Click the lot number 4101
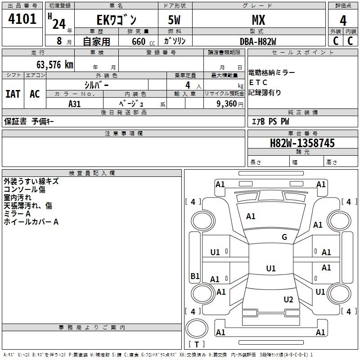[x=22, y=19]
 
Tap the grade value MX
[x=258, y=20]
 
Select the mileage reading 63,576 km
[x=54, y=65]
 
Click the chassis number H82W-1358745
[x=302, y=143]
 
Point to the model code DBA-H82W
[x=258, y=41]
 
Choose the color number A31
[x=74, y=104]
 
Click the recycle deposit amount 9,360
[x=226, y=104]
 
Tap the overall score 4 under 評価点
[x=343, y=21]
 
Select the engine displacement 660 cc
[x=143, y=42]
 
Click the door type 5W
[x=174, y=20]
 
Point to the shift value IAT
[x=13, y=94]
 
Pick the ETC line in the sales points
[x=258, y=82]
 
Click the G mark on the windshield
[x=284, y=237]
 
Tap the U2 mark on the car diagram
[x=288, y=299]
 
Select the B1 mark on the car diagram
[x=195, y=276]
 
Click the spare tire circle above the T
[x=197, y=328]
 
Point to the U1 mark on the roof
[x=271, y=268]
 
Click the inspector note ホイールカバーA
[x=31, y=222]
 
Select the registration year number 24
[x=59, y=24]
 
